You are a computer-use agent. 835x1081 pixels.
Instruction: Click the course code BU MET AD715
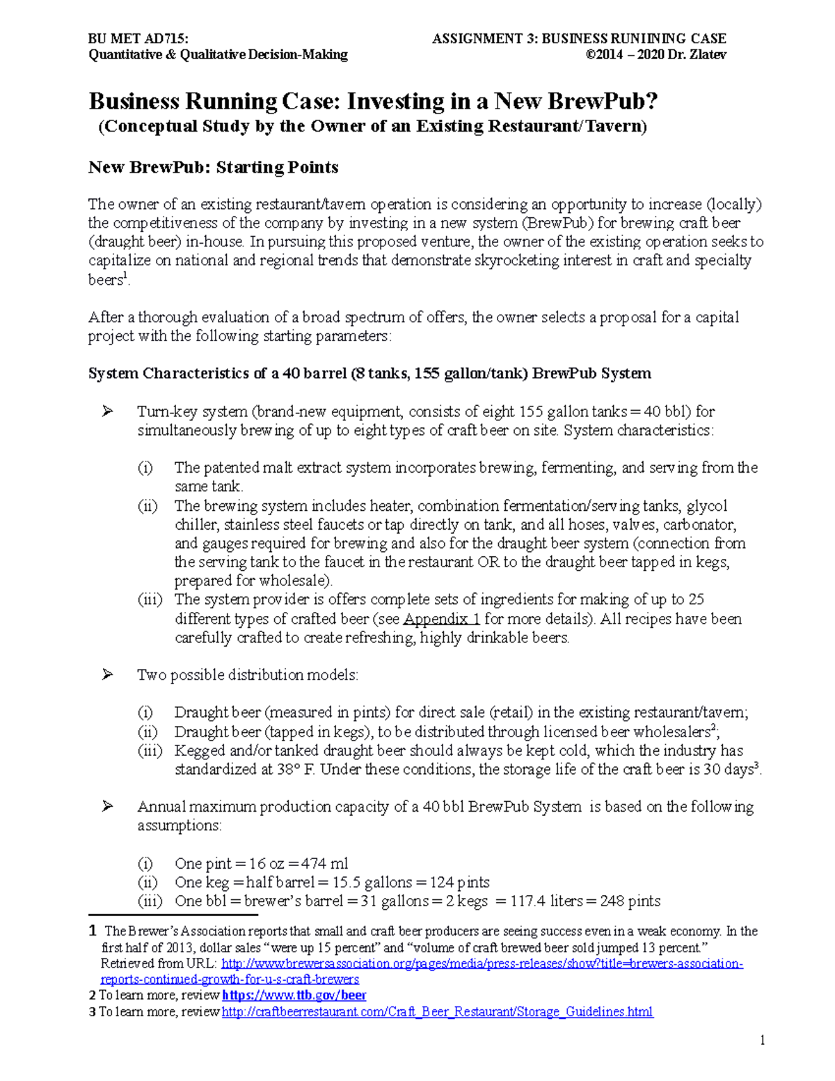(x=138, y=38)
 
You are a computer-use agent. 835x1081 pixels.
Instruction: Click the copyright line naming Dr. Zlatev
(x=656, y=55)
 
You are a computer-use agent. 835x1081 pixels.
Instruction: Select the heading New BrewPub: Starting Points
(x=213, y=167)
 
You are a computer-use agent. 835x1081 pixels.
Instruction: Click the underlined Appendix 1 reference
(x=442, y=619)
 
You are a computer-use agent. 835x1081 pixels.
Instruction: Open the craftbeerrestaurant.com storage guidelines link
(x=437, y=1012)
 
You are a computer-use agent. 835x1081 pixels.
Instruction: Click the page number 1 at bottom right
(x=762, y=1041)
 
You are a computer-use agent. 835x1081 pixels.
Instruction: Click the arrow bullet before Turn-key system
(x=107, y=411)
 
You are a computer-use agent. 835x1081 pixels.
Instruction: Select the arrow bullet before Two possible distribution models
(x=107, y=674)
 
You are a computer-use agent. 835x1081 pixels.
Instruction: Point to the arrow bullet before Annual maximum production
(x=107, y=807)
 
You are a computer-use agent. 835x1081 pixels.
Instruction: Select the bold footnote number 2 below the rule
(x=93, y=995)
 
